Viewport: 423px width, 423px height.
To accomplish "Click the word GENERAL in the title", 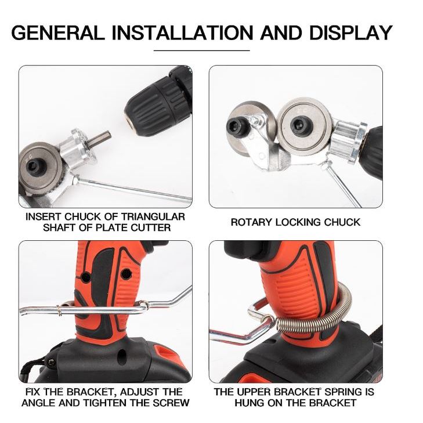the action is point(57,33).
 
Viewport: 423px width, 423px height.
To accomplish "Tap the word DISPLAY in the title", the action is point(350,33).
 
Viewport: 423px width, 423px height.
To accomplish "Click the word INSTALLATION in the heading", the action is point(182,33).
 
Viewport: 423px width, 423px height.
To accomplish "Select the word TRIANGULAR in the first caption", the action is point(153,217).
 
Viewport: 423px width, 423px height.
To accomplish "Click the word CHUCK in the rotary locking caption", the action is point(342,222).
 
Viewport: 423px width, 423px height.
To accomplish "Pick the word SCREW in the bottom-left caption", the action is point(171,403).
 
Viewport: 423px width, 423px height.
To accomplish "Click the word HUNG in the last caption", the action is point(250,403).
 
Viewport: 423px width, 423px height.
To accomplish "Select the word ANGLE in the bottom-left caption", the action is point(39,403).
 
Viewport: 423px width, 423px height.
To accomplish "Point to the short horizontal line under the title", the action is point(201,50).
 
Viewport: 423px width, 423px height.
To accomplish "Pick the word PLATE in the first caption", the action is point(111,227).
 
